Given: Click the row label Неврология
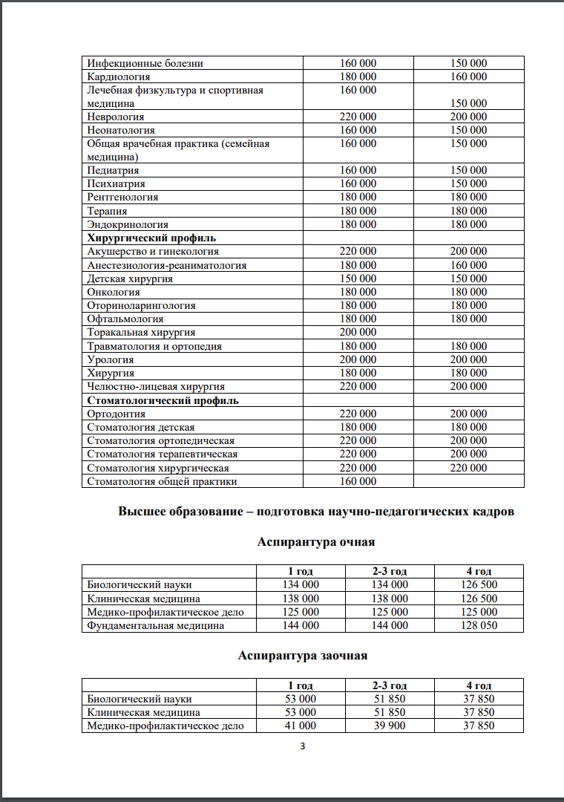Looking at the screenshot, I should click(x=116, y=117).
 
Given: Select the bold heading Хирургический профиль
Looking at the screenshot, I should click(x=151, y=238).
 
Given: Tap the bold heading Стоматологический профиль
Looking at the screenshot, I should click(x=163, y=400).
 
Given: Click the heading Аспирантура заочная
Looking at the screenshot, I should click(x=303, y=656).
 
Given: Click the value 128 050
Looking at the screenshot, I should click(x=479, y=625).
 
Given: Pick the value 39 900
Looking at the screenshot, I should click(x=390, y=726).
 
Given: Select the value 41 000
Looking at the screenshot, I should click(x=301, y=726).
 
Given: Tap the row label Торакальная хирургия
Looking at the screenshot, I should click(x=141, y=333).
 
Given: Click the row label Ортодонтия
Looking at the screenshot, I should click(x=117, y=414).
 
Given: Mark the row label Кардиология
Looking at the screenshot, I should click(x=119, y=76).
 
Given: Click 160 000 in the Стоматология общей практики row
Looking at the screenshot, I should click(x=358, y=481).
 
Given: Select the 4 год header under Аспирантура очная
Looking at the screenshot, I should click(x=479, y=571).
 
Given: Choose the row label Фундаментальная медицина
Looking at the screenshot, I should click(x=156, y=625).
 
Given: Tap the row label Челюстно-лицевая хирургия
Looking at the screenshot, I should click(x=156, y=386).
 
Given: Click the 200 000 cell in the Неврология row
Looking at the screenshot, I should click(x=468, y=117).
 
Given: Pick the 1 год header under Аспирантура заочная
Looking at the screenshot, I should click(x=301, y=685).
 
